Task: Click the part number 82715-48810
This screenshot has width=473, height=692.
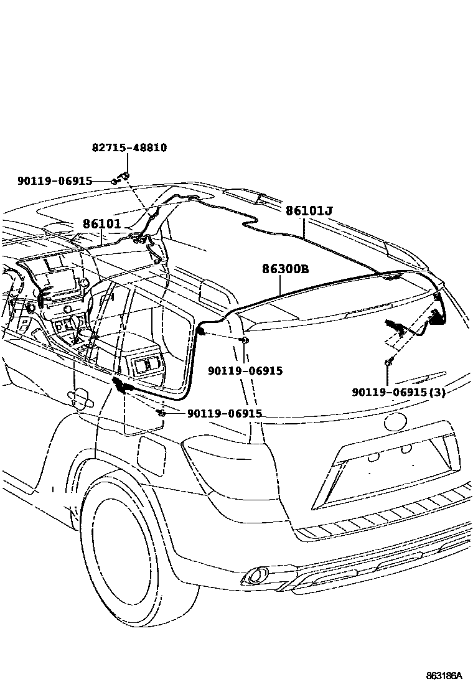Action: [x=129, y=148]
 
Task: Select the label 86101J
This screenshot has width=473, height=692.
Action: [x=309, y=211]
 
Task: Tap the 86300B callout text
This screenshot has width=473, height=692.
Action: [x=285, y=269]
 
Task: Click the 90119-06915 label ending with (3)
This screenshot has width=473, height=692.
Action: [x=398, y=393]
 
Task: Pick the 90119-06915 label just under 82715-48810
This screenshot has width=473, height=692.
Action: [x=55, y=181]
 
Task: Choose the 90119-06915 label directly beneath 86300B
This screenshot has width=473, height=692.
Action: [x=245, y=371]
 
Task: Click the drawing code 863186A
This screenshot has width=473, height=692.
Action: [x=444, y=675]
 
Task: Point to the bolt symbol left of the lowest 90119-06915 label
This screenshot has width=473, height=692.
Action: [x=161, y=413]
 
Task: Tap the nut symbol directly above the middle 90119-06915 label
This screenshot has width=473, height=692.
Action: [x=245, y=340]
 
